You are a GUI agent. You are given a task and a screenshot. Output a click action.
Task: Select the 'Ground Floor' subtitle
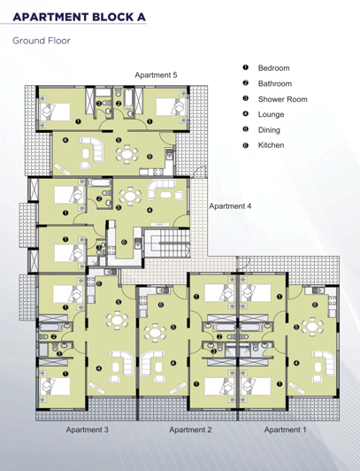[x=42, y=41]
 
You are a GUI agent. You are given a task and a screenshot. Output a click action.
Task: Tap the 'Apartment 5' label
[x=156, y=75]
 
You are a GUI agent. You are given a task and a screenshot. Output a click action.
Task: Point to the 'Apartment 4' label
[x=230, y=205]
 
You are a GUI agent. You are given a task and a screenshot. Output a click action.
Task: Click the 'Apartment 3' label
[x=86, y=429]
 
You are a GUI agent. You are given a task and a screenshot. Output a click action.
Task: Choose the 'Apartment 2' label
[x=190, y=429]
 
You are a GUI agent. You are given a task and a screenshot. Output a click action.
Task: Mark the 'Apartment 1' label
[x=284, y=429]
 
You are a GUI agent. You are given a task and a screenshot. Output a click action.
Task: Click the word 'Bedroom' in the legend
[x=274, y=68]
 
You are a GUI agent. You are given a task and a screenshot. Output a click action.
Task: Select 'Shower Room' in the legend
[x=282, y=99]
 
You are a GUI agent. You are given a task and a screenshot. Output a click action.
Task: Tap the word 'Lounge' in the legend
[x=272, y=114]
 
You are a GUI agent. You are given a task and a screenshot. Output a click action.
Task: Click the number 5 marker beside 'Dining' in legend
[x=243, y=129]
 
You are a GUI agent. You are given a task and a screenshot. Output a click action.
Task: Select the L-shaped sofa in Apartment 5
[x=90, y=150]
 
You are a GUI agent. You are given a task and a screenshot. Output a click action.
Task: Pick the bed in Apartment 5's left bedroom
[x=54, y=112]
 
